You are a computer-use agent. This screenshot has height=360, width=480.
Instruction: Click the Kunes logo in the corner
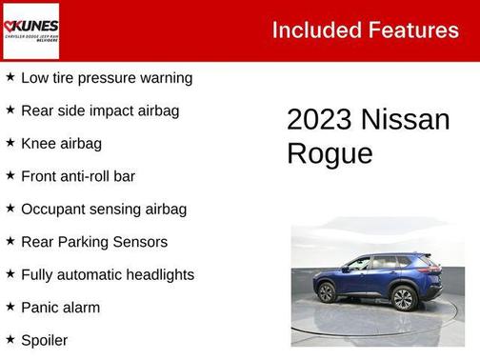click(x=30, y=30)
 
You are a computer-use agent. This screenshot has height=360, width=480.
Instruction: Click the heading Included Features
click(x=365, y=30)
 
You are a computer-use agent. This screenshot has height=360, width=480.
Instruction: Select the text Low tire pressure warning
click(x=107, y=78)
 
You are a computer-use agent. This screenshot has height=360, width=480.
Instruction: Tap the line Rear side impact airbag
click(x=100, y=110)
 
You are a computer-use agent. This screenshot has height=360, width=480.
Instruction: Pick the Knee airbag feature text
click(x=61, y=144)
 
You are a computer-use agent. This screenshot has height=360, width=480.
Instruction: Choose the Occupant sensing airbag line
click(x=104, y=209)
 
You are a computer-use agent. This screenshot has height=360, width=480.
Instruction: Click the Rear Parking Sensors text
click(x=94, y=242)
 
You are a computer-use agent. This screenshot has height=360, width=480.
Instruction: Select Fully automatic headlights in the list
click(x=108, y=274)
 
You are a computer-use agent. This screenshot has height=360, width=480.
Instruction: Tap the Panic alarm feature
click(x=60, y=308)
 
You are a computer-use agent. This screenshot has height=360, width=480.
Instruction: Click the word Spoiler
click(x=44, y=340)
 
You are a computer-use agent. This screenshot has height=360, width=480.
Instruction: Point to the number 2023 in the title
click(x=319, y=120)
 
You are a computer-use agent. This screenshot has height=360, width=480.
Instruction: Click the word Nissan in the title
click(x=406, y=120)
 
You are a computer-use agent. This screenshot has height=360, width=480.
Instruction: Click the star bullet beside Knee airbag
click(x=10, y=143)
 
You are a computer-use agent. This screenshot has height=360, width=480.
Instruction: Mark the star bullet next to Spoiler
click(x=10, y=339)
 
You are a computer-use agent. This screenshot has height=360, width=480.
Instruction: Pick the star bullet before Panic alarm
click(x=10, y=307)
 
